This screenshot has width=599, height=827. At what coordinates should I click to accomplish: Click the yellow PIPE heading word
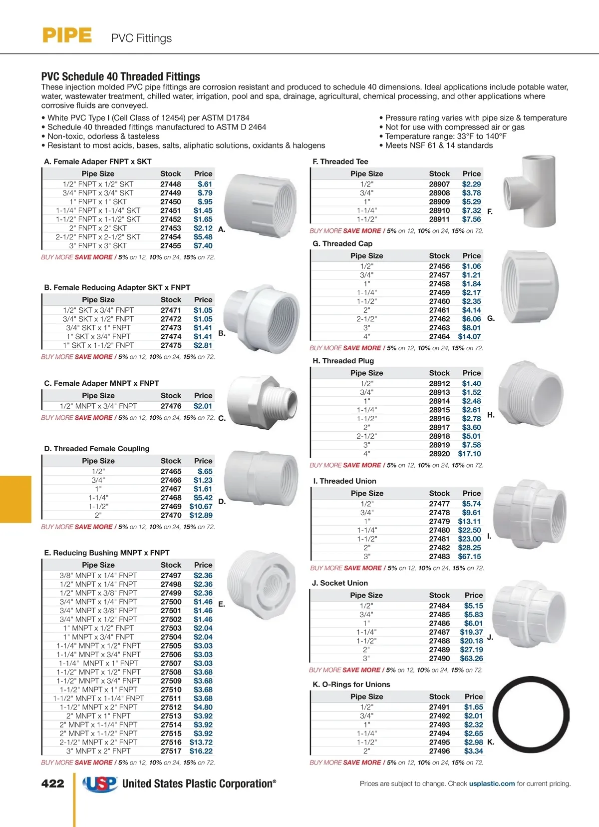tap(67, 36)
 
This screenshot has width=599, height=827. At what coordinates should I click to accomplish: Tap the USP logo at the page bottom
tap(100, 784)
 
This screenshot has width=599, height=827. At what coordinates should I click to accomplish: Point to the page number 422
tap(52, 784)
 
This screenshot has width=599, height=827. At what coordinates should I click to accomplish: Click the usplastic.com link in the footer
tap(492, 784)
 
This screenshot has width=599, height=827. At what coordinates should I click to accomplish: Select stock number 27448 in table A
tap(171, 184)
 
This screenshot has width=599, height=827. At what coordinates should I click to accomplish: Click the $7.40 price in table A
tap(203, 246)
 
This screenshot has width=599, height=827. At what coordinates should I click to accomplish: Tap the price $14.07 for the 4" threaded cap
tap(469, 337)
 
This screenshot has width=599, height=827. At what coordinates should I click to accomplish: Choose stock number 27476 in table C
tap(171, 406)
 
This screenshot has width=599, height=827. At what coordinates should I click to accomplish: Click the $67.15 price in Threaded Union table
tap(469, 557)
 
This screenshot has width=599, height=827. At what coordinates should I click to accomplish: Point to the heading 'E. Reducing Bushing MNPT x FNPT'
tap(107, 553)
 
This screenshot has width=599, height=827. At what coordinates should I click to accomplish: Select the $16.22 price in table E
tap(201, 751)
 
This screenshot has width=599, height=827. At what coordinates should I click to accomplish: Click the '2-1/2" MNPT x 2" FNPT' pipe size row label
tap(98, 743)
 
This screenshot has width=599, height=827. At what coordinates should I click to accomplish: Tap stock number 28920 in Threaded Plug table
tap(439, 454)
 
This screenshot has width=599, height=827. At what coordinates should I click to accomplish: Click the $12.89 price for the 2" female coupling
tap(201, 515)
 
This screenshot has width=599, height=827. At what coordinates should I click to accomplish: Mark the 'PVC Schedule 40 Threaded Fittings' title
tap(120, 76)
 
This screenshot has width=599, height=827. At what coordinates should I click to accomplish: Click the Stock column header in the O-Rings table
tap(439, 697)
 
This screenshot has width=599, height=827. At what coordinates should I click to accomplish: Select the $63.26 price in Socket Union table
tap(472, 659)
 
